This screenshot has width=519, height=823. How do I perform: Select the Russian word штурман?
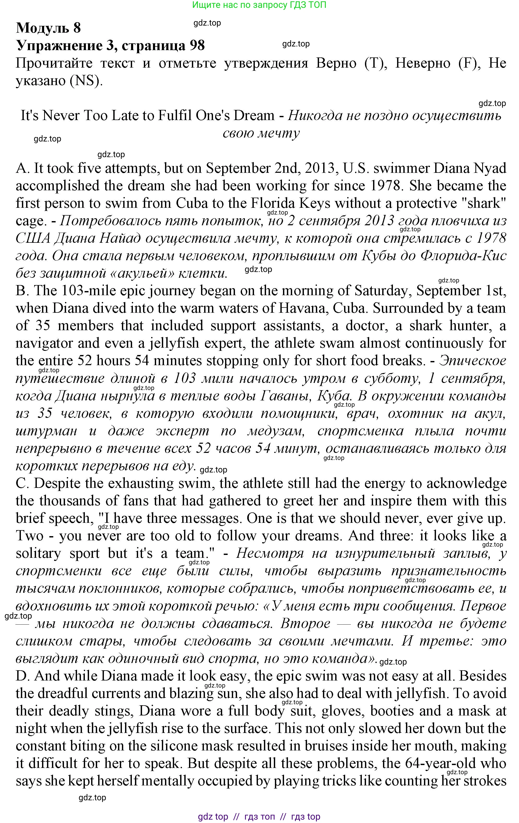click(x=46, y=431)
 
